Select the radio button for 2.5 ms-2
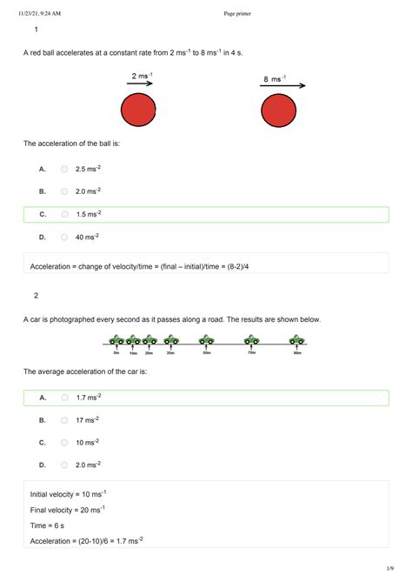(64, 169)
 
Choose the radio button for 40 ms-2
(64, 237)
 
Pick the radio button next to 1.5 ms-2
(64, 214)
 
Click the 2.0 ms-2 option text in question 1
(88, 191)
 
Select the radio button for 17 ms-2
(64, 420)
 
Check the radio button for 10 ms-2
(64, 443)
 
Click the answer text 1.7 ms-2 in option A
(88, 398)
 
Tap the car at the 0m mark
(116, 341)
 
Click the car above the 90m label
(296, 340)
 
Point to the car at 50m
(206, 340)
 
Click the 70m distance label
(250, 353)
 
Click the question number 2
(37, 295)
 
